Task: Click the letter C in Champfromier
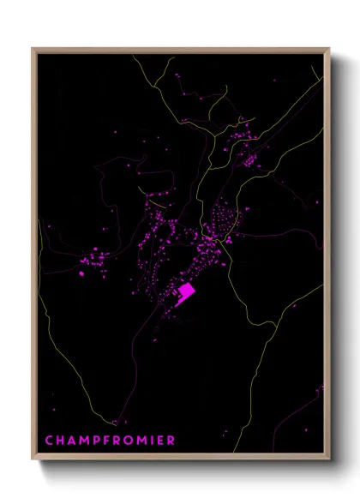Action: click(49, 441)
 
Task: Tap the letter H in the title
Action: click(59, 441)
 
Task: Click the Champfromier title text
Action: click(109, 441)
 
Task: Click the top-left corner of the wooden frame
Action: click(33, 49)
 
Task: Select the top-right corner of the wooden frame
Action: click(330, 49)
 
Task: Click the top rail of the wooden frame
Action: click(181, 50)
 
